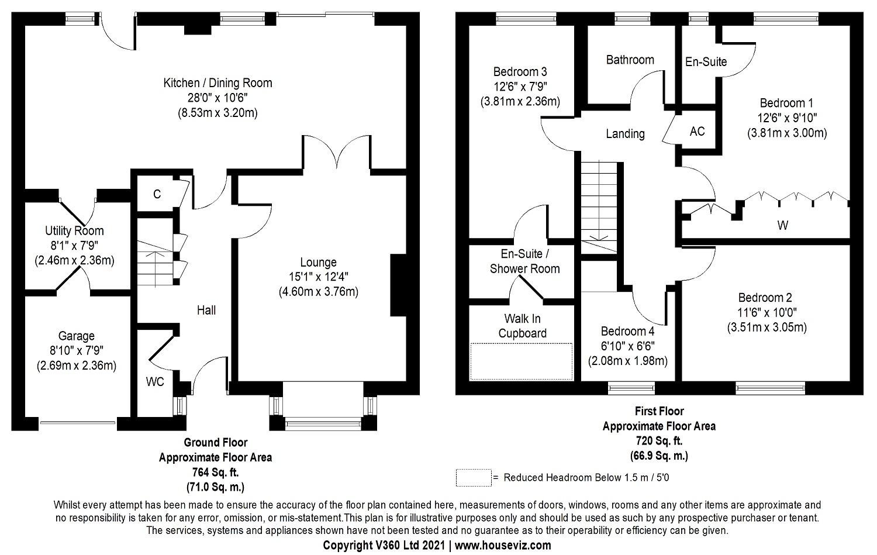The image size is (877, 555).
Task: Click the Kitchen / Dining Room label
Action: [x=217, y=83]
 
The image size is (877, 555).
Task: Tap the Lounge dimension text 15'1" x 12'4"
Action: [x=318, y=277]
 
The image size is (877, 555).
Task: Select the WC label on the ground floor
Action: [x=155, y=382]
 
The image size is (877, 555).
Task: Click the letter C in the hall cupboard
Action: [x=157, y=194]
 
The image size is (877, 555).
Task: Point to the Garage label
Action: [x=77, y=336]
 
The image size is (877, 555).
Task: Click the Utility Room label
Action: [x=74, y=230]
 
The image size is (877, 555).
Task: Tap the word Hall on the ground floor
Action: [x=206, y=310]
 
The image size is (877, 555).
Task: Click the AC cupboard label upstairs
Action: [x=697, y=131]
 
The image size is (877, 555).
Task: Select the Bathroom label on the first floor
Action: [x=630, y=60]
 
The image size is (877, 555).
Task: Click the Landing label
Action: [x=625, y=134]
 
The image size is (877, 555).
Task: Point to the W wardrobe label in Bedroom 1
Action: [x=783, y=225]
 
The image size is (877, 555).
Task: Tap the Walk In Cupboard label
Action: [x=522, y=326]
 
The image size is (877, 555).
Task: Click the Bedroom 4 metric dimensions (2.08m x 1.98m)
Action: [x=627, y=361]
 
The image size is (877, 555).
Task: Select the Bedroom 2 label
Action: [x=765, y=298]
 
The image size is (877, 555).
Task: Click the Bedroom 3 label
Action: [x=520, y=72]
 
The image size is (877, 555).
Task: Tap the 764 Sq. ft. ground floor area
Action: [x=215, y=473]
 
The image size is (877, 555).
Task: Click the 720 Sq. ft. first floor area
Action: [x=659, y=441]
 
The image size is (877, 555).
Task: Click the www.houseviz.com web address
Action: [x=503, y=545]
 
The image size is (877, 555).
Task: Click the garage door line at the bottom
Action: [x=78, y=423]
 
